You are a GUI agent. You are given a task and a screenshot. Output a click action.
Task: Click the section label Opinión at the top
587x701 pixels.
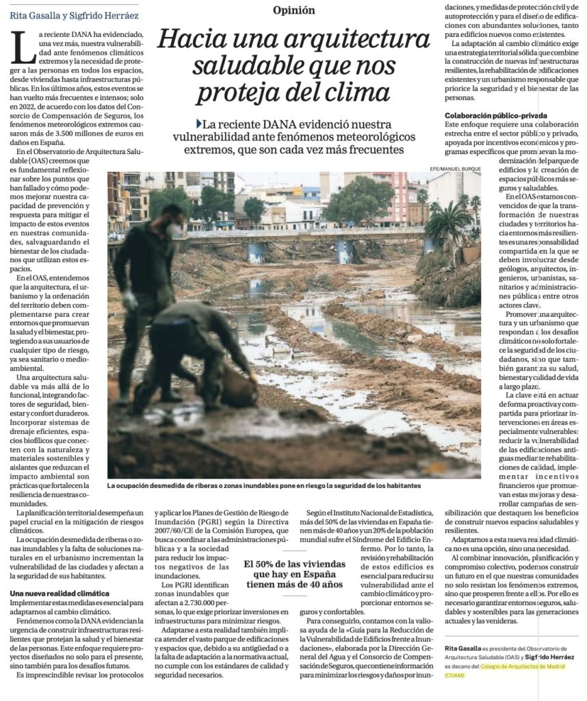[293, 10]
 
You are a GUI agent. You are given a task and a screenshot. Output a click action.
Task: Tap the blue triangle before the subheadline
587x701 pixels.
[198, 124]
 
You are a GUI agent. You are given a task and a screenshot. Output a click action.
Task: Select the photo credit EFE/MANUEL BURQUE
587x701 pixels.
[456, 168]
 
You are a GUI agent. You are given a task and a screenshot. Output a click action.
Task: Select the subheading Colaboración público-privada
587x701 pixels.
[495, 115]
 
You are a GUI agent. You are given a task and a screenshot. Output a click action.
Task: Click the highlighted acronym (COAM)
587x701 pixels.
[454, 674]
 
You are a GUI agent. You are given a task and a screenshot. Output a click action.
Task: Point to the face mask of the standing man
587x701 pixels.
[175, 229]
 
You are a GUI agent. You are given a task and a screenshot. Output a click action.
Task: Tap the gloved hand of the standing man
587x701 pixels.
[130, 300]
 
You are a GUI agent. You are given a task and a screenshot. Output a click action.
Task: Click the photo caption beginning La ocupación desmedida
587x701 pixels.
[263, 485]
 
